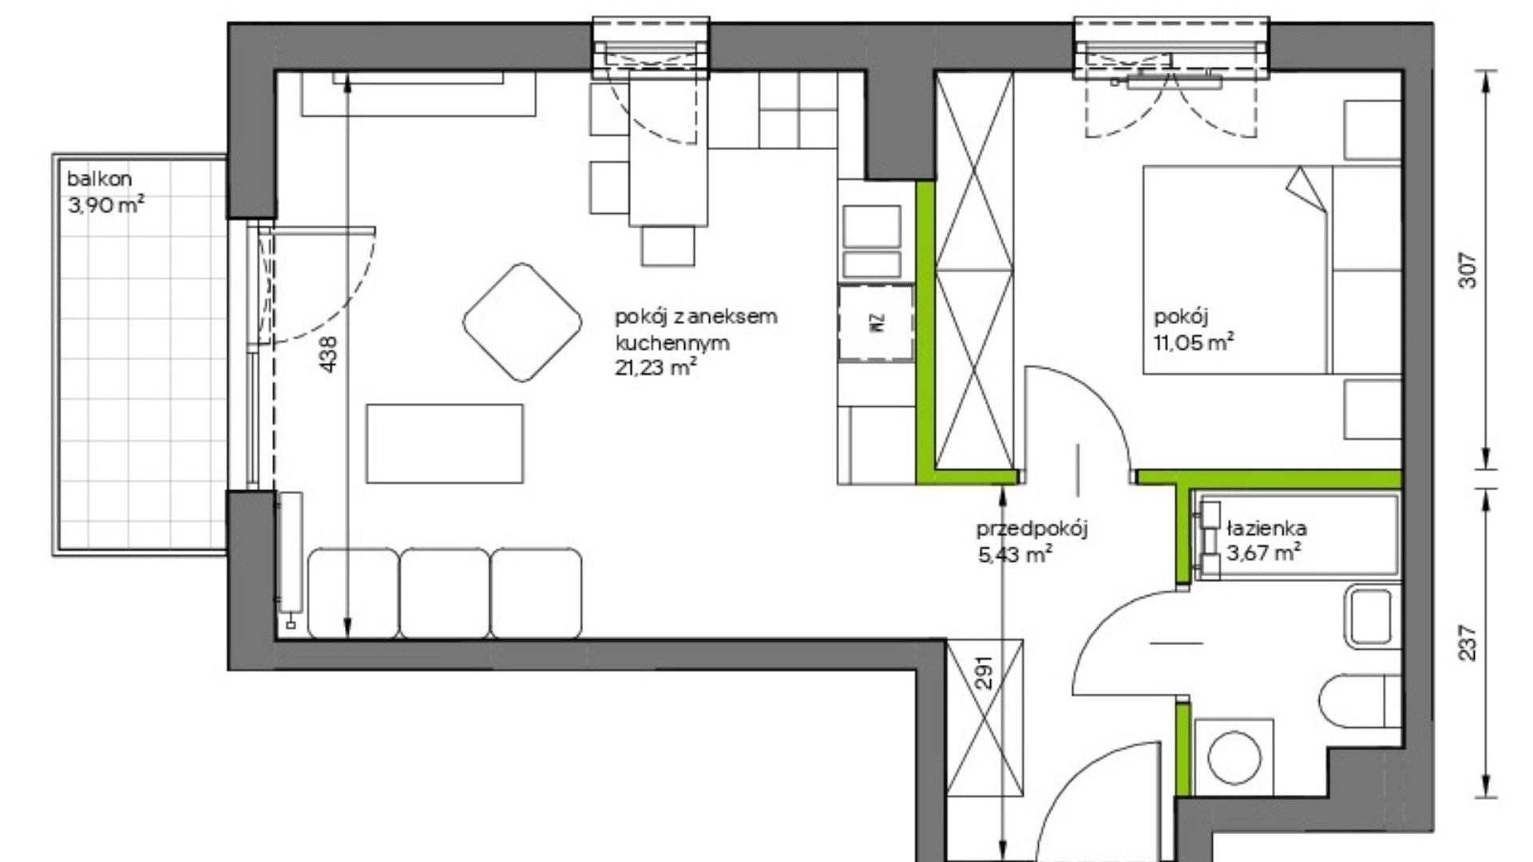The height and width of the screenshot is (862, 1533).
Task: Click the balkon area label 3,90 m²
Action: (x=106, y=205)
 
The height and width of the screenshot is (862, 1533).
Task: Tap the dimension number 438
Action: (x=328, y=354)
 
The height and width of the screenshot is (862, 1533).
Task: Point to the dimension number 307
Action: (x=1468, y=270)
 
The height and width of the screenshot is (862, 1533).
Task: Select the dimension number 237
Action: (x=1468, y=643)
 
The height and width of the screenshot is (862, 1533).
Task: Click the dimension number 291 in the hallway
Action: (x=986, y=672)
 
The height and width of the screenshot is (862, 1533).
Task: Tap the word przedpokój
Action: (x=1032, y=529)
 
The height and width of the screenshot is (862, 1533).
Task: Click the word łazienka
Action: (x=1267, y=528)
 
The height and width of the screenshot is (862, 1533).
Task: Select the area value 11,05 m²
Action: (x=1194, y=342)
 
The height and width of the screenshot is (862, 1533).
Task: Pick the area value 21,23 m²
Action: (x=656, y=367)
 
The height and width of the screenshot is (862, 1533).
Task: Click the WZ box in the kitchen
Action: (x=876, y=322)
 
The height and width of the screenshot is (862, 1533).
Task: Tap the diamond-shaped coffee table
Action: (x=522, y=322)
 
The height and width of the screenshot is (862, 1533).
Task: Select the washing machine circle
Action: (x=1234, y=755)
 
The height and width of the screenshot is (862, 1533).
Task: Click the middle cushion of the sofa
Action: (x=444, y=593)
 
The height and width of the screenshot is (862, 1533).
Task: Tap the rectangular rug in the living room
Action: (x=445, y=443)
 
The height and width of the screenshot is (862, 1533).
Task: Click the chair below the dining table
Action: (x=667, y=246)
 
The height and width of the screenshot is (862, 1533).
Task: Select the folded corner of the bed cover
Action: (x=1306, y=188)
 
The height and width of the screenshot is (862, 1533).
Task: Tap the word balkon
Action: (x=99, y=179)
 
